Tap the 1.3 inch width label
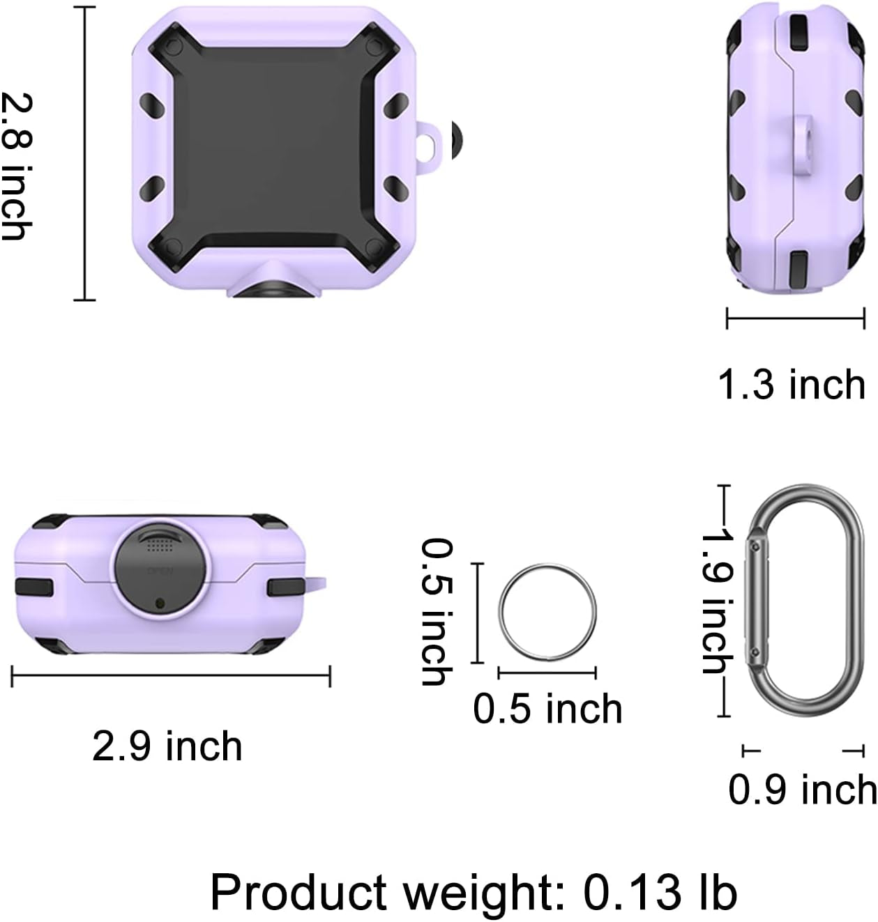point(792,384)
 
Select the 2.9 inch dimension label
point(167,746)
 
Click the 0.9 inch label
point(802,790)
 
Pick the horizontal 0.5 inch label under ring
point(547,709)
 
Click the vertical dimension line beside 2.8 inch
point(84,153)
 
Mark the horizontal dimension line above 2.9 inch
point(171,675)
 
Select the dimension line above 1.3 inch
point(795,318)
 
